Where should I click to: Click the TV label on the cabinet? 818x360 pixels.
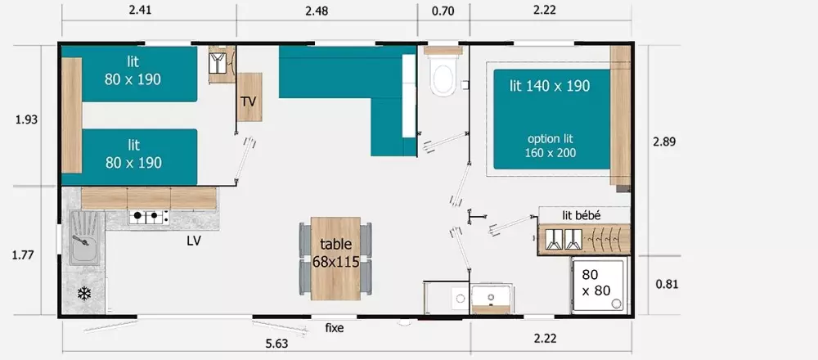click(x=249, y=101)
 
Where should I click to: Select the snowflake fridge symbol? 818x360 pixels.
click(x=84, y=294)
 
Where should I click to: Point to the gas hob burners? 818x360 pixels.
click(x=148, y=215)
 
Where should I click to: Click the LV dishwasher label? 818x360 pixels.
click(x=194, y=241)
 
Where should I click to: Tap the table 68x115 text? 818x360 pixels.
click(x=336, y=253)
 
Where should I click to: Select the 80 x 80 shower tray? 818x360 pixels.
click(x=600, y=285)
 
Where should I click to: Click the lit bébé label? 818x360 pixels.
click(x=581, y=215)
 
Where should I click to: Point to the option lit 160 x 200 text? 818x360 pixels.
click(x=551, y=146)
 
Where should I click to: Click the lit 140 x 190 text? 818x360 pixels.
click(x=550, y=86)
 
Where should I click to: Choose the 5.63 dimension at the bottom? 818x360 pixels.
click(x=276, y=344)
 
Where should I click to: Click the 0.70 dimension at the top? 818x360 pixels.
click(x=443, y=11)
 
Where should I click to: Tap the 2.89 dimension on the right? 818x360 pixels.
click(x=664, y=142)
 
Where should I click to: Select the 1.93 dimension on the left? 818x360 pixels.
click(x=27, y=119)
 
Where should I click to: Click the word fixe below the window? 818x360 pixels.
click(x=335, y=328)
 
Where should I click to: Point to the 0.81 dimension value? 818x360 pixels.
click(x=666, y=285)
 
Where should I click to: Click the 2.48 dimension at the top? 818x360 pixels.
click(x=317, y=11)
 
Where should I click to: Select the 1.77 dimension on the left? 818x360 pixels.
click(x=23, y=255)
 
